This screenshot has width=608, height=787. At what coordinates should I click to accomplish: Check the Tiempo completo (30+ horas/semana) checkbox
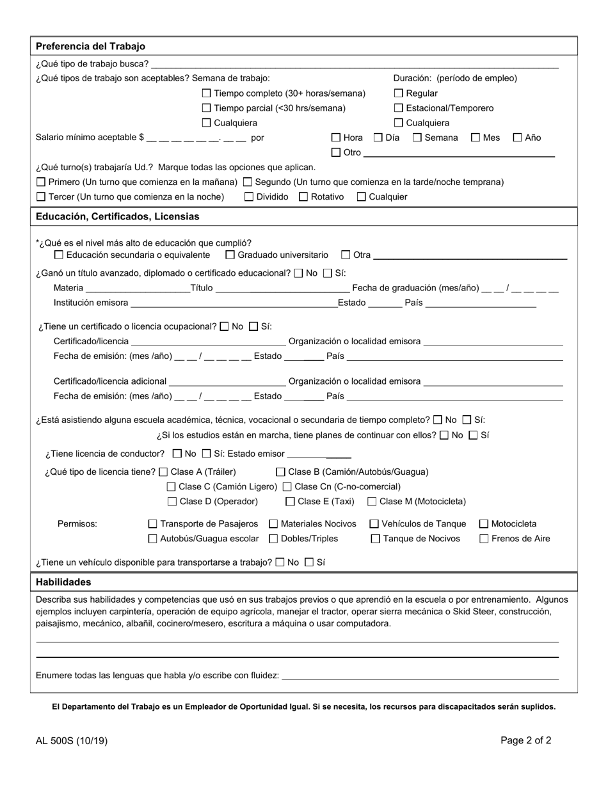pos(207,93)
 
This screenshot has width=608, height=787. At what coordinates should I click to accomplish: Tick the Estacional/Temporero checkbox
pos(399,108)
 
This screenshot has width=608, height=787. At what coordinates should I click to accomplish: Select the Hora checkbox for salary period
pos(336,138)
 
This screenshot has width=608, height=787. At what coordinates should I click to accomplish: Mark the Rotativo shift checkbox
pos(303,197)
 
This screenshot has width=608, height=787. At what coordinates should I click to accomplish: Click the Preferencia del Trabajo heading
pos(90,46)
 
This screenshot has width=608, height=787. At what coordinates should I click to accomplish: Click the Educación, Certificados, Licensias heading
pos(117,216)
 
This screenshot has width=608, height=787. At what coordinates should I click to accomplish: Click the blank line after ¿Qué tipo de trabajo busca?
pos(354,64)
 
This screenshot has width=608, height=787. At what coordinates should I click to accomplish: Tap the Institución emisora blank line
pos(234,303)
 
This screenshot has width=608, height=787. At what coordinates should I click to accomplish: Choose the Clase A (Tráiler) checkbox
pos(163,472)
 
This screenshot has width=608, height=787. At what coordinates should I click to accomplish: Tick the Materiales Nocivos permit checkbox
pos(274,524)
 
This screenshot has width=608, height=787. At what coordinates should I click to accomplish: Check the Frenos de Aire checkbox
pos(484,539)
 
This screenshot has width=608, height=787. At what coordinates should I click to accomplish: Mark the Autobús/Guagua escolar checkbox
pos(153,539)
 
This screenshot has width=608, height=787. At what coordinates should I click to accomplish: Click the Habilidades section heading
pos(63,582)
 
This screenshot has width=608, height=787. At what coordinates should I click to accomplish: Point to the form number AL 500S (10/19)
pos(72,741)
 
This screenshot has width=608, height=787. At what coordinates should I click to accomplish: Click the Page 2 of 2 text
pos(525,740)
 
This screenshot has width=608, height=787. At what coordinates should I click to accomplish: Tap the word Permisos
pos(77,524)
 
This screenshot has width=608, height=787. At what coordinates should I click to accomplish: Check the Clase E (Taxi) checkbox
pos(291,502)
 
